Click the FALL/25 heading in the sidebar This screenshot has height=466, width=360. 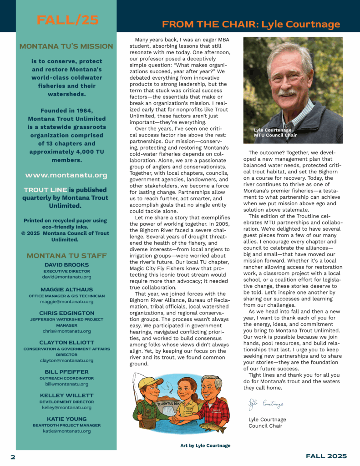[x=67, y=20]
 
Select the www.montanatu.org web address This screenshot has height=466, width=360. [x=66, y=175]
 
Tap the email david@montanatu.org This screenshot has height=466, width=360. [x=66, y=277]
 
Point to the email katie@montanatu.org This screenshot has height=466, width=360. [x=66, y=431]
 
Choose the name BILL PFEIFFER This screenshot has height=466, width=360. [x=66, y=372]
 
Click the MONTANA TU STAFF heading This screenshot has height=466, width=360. [x=66, y=256]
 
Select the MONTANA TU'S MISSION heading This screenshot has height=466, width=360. [x=66, y=46]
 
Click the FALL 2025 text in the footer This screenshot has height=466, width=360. [x=326, y=456]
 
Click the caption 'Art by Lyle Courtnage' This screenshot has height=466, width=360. [x=205, y=446]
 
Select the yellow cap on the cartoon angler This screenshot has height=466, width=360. [x=151, y=381]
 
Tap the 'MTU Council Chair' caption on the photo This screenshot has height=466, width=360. [x=275, y=135]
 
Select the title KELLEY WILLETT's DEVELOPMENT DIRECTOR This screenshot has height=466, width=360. [x=66, y=402]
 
